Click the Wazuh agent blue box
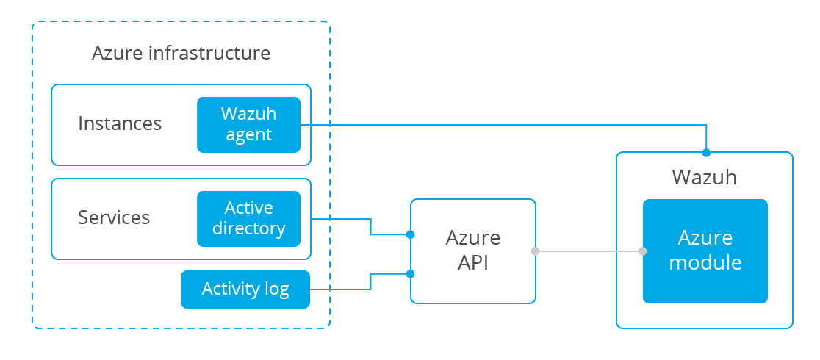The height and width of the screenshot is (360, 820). [x=248, y=125]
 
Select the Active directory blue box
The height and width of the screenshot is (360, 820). [x=248, y=219]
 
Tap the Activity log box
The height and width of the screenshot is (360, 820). [x=245, y=289]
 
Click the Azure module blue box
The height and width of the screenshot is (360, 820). [x=705, y=251]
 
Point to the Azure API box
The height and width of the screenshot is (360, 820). [x=472, y=251]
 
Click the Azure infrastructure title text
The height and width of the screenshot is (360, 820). [x=181, y=53]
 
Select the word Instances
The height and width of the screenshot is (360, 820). [x=120, y=123]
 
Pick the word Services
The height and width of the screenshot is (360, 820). [x=114, y=217]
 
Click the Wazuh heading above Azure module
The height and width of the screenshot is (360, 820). [x=705, y=177]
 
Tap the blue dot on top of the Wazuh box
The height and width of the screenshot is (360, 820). [x=706, y=153]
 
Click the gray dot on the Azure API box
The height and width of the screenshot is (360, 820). [x=535, y=251]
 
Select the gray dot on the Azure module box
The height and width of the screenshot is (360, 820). [x=643, y=251]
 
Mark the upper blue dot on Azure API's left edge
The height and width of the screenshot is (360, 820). [x=411, y=234]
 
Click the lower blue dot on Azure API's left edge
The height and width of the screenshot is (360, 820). [x=411, y=273]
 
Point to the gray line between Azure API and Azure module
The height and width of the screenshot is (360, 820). [x=589, y=251]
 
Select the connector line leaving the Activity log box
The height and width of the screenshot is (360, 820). [x=371, y=281]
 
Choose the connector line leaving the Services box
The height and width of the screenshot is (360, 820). [x=371, y=226]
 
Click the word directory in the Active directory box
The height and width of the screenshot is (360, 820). [x=249, y=228]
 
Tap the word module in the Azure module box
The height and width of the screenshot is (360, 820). [x=705, y=262]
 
